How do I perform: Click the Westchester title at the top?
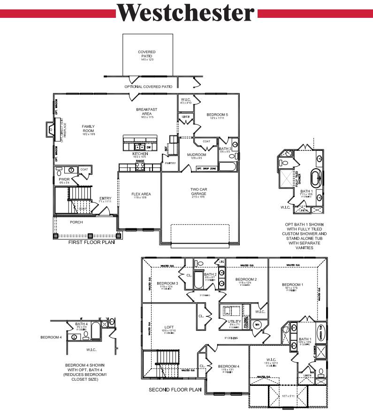point(186,13)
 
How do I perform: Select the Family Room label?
point(88,127)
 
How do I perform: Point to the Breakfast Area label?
point(146,111)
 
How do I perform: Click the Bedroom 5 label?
point(217,115)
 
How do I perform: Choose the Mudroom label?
point(197,155)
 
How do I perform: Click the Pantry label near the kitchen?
point(170,163)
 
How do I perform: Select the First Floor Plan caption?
point(91,243)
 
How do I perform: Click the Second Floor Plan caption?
point(175,390)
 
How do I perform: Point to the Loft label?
point(169,327)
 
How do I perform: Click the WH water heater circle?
point(257,324)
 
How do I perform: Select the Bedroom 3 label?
point(167,283)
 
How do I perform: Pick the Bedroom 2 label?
point(245,280)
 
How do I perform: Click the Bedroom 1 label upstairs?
point(292,285)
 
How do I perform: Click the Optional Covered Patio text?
point(148,87)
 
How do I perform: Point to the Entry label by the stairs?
point(106,199)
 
